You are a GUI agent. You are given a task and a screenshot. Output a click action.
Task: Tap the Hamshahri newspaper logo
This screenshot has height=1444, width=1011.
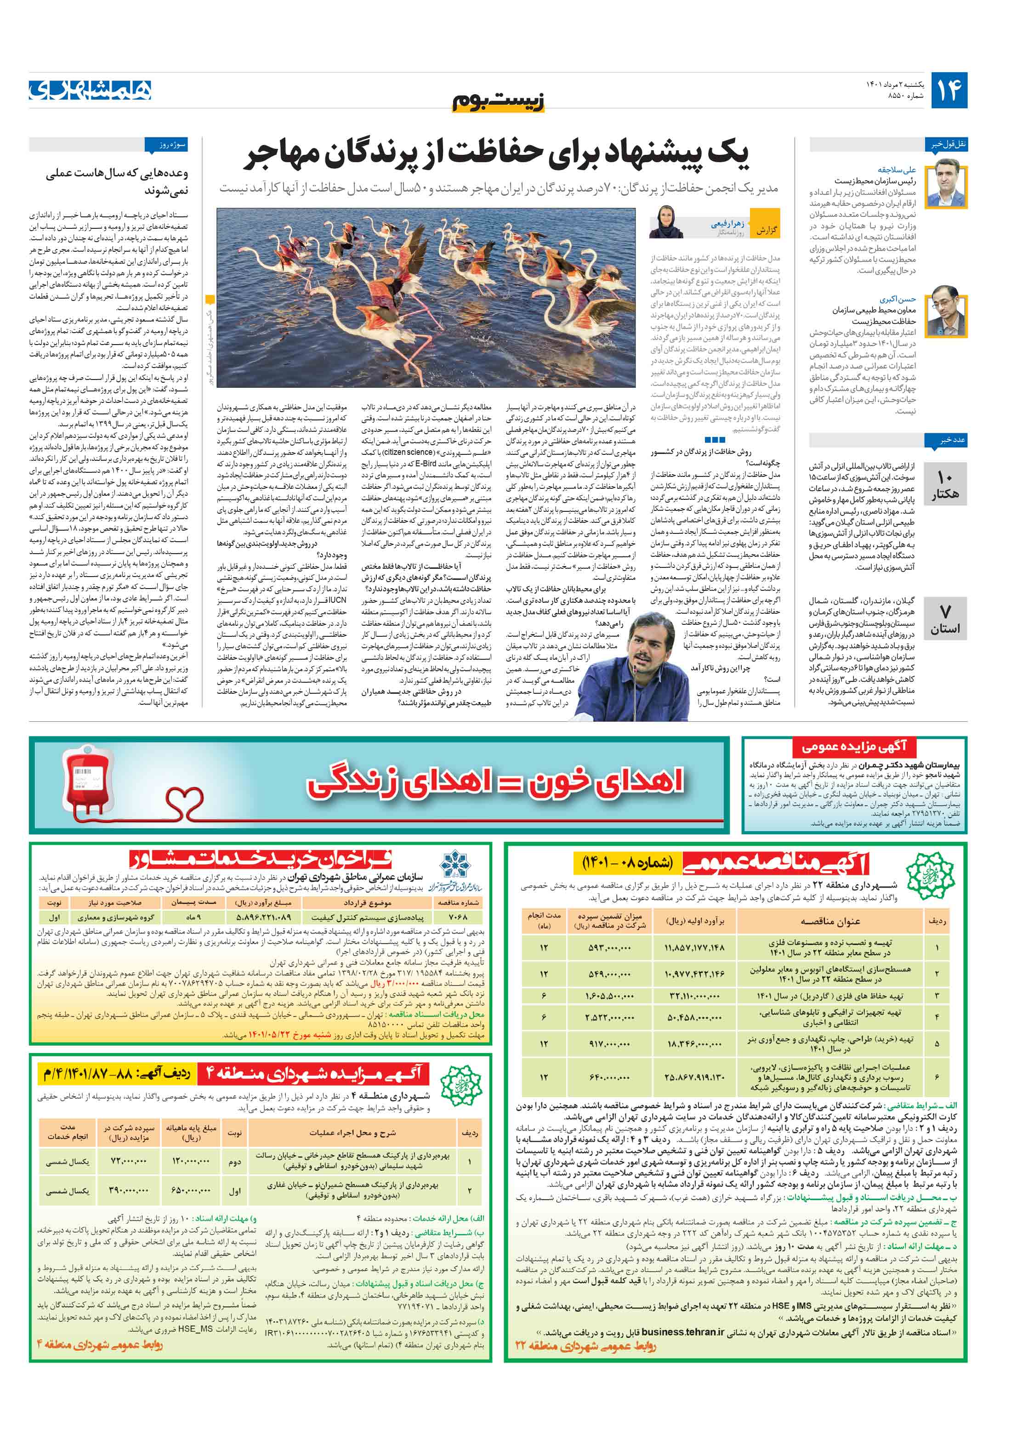tap(90, 90)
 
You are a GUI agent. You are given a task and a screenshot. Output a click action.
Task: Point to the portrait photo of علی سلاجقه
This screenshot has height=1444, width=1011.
tap(949, 182)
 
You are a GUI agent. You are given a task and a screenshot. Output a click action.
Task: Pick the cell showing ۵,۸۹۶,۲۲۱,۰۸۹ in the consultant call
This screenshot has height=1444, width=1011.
tap(264, 917)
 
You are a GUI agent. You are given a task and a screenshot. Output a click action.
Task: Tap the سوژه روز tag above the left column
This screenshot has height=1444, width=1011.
tap(166, 145)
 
